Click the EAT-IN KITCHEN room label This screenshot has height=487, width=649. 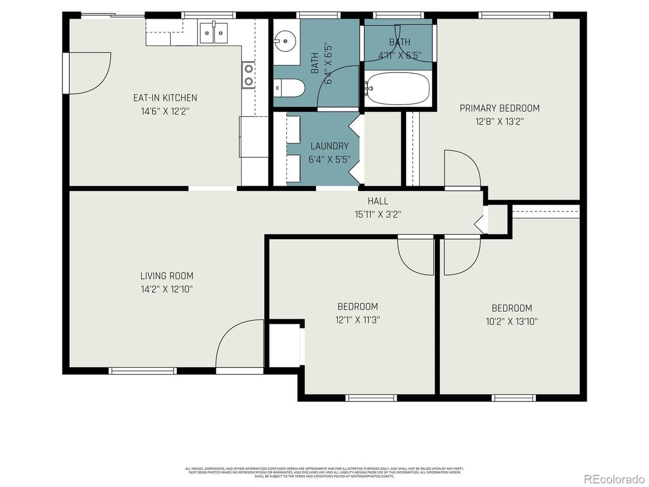coord(165,98)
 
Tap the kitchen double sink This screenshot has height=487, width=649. coord(214,33)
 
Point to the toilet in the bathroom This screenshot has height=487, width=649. coord(290,87)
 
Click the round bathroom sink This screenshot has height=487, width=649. coord(284,40)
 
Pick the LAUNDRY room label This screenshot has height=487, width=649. coord(329,146)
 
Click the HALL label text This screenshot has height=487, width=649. coord(378,201)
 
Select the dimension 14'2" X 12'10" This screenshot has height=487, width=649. coord(167,289)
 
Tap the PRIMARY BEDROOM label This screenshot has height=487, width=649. coord(499,108)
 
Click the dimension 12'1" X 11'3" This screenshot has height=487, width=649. coord(357,319)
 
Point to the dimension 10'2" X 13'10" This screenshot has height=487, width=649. coord(511,321)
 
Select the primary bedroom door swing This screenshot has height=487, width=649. coord(461,170)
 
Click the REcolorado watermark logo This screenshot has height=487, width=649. coord(614,478)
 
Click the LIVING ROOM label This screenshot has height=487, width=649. coord(167,276)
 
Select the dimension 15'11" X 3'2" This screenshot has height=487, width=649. coord(378,214)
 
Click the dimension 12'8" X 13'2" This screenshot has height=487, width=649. coord(499,121)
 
